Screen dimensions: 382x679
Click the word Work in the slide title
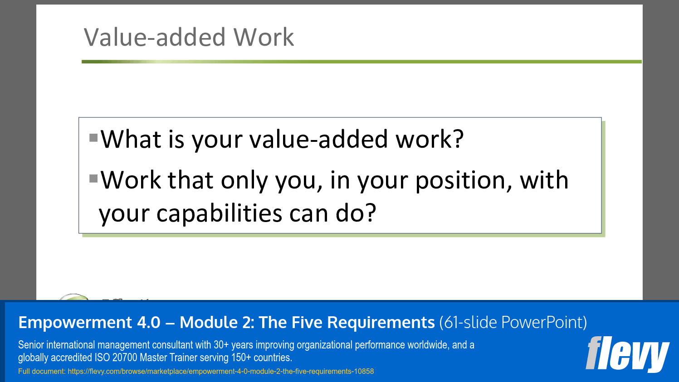(264, 37)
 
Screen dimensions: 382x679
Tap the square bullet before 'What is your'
(94, 137)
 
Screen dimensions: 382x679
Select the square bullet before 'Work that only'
(94, 178)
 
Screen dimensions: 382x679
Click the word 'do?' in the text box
(356, 213)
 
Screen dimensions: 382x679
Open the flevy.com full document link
(220, 372)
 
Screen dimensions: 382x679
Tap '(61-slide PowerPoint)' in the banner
(513, 323)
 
